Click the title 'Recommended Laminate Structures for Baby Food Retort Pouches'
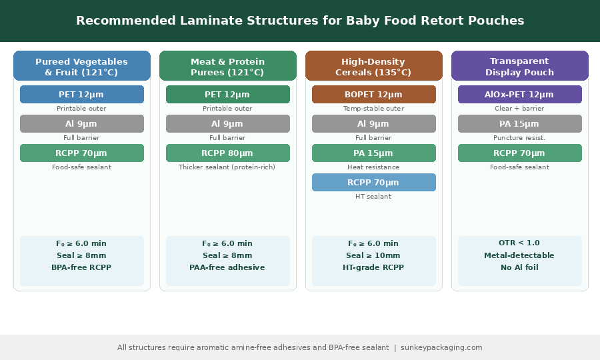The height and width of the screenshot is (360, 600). pyautogui.click(x=300, y=21)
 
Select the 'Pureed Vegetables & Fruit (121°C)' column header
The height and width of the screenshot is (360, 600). pyautogui.click(x=82, y=66)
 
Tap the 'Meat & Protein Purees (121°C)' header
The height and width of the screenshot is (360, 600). pyautogui.click(x=228, y=66)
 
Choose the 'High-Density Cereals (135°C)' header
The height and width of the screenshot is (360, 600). pyautogui.click(x=374, y=66)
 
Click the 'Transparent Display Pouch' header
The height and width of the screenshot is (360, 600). pyautogui.click(x=520, y=66)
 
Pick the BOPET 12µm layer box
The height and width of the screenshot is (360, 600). pyautogui.click(x=374, y=95)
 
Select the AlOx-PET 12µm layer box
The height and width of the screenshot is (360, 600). pyautogui.click(x=520, y=95)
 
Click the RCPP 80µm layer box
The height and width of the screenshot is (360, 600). pyautogui.click(x=228, y=153)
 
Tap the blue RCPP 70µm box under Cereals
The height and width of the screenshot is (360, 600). pyautogui.click(x=374, y=183)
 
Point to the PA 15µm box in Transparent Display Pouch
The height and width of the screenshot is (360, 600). pyautogui.click(x=520, y=124)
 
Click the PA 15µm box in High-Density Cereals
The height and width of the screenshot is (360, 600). pyautogui.click(x=374, y=153)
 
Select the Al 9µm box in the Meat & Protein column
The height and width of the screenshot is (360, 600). pyautogui.click(x=228, y=124)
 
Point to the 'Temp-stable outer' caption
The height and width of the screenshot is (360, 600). pyautogui.click(x=374, y=109)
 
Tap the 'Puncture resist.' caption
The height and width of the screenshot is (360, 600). pyautogui.click(x=520, y=138)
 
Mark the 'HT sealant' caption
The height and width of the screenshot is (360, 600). pyautogui.click(x=374, y=197)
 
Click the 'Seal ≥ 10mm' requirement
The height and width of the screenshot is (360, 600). pyautogui.click(x=374, y=255)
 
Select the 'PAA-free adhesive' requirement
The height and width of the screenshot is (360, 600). pyautogui.click(x=228, y=267)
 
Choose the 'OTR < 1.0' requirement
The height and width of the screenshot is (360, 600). pyautogui.click(x=520, y=243)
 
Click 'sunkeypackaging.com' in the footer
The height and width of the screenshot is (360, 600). pyautogui.click(x=441, y=347)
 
